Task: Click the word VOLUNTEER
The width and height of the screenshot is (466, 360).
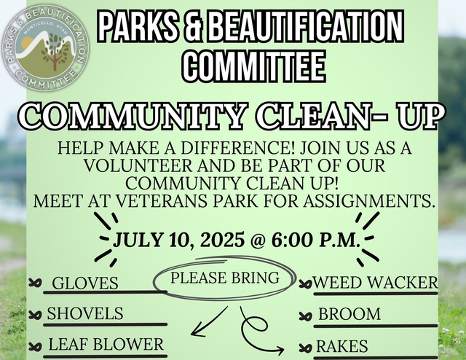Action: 138,165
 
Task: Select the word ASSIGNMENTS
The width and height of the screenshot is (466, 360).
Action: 367,201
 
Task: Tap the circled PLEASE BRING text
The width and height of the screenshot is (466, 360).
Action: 225,278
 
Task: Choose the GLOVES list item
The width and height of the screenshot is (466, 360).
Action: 85,283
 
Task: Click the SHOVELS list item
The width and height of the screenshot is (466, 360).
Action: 85,313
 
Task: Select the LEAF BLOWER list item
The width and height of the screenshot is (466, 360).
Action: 106,344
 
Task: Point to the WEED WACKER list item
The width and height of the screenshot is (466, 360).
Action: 375,282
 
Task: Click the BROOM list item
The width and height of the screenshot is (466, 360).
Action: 349,314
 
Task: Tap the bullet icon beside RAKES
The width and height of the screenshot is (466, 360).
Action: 305,347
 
